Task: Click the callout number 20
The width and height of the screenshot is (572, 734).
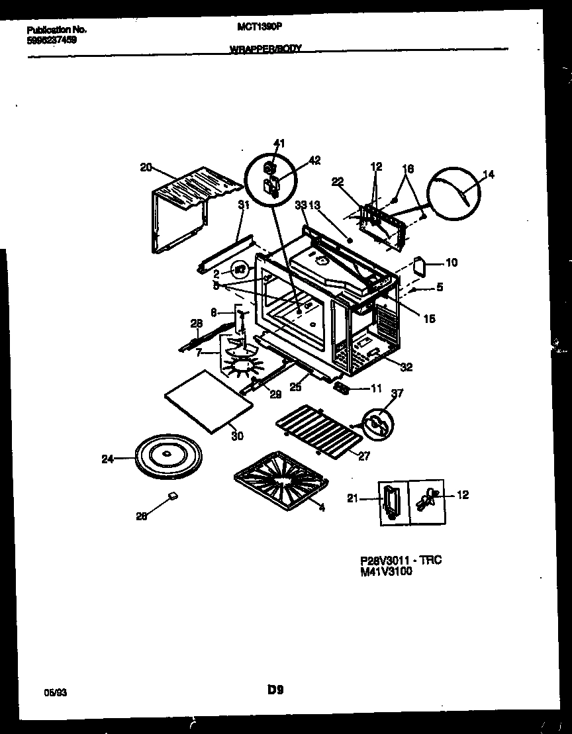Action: pos(146,167)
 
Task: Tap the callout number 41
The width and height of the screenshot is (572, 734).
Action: pos(279,144)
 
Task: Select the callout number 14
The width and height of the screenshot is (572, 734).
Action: pos(489,175)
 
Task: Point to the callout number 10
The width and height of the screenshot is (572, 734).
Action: pos(451,263)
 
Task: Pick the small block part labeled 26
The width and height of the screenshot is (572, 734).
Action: pos(172,494)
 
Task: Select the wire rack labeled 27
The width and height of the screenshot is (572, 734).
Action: pos(319,431)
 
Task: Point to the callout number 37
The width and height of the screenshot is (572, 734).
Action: pos(396,394)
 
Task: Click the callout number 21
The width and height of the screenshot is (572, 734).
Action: pos(352,498)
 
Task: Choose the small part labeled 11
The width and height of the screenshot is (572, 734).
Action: pos(342,389)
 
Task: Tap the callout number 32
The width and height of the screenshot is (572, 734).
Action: pos(406,367)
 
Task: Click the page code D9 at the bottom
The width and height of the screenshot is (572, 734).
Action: pos(275,690)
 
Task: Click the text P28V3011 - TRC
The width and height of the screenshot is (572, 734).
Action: pos(401,561)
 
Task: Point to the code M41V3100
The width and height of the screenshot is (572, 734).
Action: pos(386,572)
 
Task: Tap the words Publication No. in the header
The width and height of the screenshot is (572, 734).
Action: pos(57,30)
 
